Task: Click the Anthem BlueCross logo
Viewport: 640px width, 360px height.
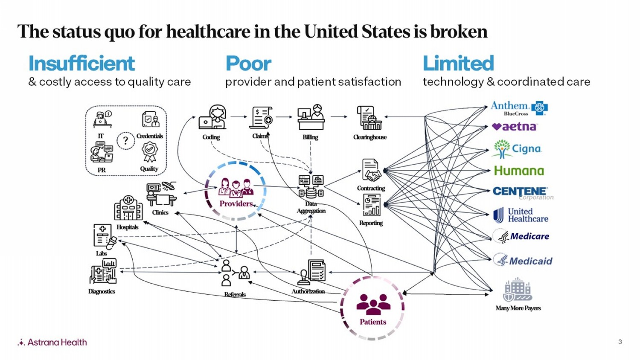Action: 518,108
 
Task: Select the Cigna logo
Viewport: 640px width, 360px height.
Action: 517,149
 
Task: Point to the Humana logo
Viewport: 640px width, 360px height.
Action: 519,171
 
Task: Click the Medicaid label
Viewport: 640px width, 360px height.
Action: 530,261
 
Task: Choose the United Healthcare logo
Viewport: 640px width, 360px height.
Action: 521,215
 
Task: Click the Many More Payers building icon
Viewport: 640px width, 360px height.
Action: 518,290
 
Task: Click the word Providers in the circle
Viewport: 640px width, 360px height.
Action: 236,204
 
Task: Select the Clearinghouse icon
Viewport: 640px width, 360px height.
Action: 369,118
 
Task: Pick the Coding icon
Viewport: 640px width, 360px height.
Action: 212,117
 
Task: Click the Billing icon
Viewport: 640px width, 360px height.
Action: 311,117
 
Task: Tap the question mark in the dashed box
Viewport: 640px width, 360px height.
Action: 125,140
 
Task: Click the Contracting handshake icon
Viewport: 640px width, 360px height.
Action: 371,170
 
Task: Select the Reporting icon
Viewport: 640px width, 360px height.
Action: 371,205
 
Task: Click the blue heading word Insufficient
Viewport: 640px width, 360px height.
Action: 81,64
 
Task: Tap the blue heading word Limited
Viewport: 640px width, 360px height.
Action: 458,64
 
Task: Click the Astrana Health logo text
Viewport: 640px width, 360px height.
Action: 57,342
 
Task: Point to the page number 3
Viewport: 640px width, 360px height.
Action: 620,342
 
